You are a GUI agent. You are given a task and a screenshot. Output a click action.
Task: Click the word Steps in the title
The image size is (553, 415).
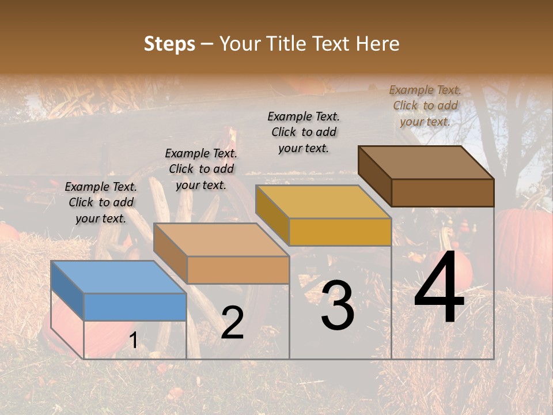pos(169,44)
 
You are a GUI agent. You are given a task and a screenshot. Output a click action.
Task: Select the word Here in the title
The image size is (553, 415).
pos(377,44)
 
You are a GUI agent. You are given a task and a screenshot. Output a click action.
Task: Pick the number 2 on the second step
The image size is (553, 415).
pos(232,323)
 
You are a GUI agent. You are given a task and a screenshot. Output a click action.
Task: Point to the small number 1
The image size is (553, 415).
pos(133,341)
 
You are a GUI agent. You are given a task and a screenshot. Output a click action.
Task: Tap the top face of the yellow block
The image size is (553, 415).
pos(323,202)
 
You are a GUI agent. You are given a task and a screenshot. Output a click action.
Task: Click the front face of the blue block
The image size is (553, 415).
pos(135,307)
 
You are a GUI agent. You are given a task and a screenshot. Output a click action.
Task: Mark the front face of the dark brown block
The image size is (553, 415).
pos(442,193)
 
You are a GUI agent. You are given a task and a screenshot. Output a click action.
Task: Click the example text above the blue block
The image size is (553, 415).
pos(101,202)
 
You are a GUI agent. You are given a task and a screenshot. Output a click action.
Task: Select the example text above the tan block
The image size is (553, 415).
pos(201,169)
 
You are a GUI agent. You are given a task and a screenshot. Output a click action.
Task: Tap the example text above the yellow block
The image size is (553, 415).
pos(304,132)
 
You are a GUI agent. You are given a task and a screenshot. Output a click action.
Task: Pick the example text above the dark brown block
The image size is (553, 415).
pos(425,105)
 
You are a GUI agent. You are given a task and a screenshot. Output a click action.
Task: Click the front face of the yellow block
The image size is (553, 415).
pos(340,232)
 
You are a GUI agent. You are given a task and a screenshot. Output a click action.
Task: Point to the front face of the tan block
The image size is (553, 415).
pos(238,270)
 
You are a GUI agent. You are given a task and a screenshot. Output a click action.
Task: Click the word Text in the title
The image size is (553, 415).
pos(332,44)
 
